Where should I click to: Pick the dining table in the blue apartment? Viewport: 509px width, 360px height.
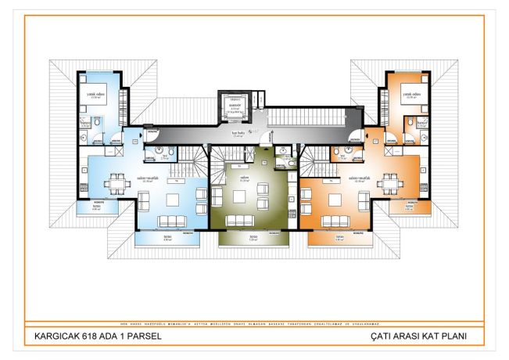coord(118,182)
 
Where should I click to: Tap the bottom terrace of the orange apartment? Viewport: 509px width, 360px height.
coord(339,239)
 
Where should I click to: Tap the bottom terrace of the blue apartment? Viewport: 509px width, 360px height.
coord(167,239)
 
